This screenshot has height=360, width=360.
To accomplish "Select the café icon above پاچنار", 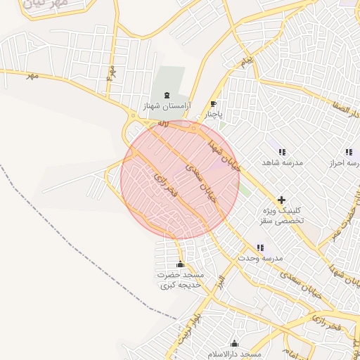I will [x=214, y=104].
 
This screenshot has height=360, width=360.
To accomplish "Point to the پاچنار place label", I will [x=214, y=113].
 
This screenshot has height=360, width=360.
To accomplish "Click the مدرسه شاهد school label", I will [x=282, y=162].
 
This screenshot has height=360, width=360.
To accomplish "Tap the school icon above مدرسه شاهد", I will [x=282, y=152].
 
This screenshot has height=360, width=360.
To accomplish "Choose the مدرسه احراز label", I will [x=345, y=162].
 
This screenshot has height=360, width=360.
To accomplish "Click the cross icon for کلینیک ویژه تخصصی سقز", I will [x=282, y=200].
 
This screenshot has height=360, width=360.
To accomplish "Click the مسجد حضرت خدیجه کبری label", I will [x=181, y=280].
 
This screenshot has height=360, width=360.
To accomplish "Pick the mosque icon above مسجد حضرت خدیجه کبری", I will [x=181, y=264].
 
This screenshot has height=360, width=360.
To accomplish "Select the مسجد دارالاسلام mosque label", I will [x=236, y=354].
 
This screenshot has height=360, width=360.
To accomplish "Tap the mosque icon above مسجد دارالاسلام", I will [x=234, y=343].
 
